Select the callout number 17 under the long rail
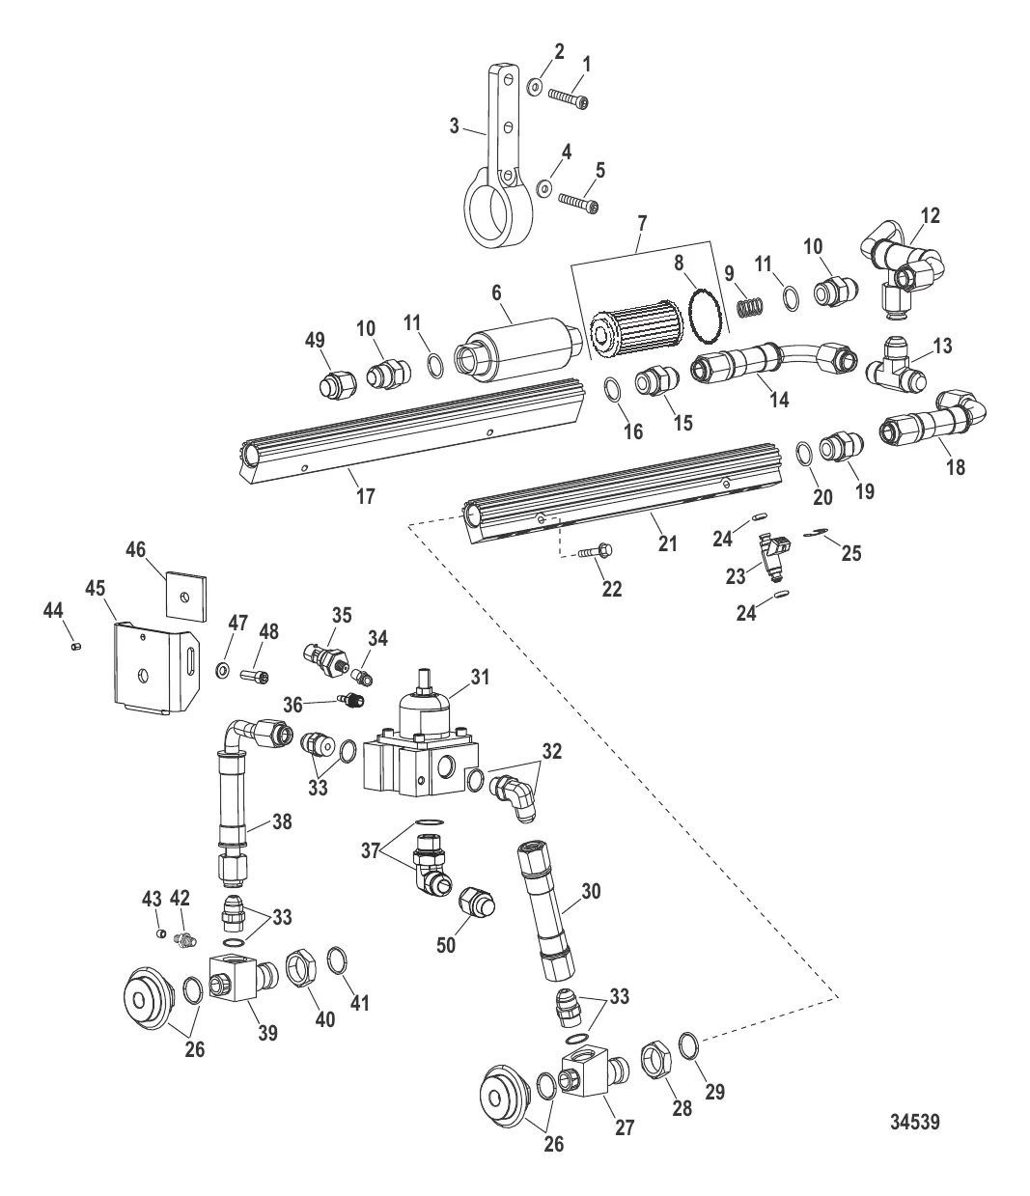pyautogui.click(x=365, y=496)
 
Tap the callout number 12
pyautogui.click(x=931, y=214)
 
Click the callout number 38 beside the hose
pyautogui.click(x=255, y=822)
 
